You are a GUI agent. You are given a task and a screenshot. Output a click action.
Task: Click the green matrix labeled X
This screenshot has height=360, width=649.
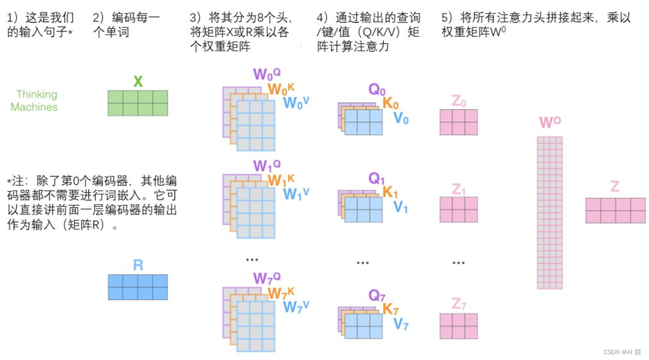point(138,103)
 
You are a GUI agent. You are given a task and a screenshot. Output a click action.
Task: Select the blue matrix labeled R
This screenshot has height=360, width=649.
point(138,287)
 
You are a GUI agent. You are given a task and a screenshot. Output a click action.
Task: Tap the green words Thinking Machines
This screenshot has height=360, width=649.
point(34,101)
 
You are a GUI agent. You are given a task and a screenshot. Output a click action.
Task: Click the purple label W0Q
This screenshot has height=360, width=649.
point(267,74)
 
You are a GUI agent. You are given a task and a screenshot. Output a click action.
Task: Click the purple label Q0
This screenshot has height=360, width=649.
point(377,90)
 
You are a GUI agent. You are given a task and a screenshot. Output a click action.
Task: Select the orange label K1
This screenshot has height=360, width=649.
point(390,192)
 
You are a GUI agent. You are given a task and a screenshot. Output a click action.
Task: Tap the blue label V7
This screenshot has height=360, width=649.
point(401,324)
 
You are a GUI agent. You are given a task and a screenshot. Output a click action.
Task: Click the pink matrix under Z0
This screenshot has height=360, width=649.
point(458,122)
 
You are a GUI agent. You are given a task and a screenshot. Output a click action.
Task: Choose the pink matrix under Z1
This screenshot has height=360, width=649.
point(458,209)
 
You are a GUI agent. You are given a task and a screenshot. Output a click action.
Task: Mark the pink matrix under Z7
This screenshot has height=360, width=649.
point(458,326)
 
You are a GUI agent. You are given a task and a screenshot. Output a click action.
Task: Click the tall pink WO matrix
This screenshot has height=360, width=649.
point(550,213)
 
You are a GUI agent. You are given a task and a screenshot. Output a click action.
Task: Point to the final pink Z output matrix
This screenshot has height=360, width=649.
point(615,210)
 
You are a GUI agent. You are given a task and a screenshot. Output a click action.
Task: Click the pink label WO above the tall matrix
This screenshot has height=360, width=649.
point(550,123)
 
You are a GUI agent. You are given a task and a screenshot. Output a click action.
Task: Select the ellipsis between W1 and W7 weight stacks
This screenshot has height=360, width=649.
point(252,260)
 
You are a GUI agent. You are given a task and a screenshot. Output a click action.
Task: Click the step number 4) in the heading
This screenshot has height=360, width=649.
point(322,18)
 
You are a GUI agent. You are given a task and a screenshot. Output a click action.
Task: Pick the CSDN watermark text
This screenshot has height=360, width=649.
point(622,352)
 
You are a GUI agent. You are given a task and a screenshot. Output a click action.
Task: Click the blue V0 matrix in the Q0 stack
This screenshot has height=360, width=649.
point(364,122)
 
